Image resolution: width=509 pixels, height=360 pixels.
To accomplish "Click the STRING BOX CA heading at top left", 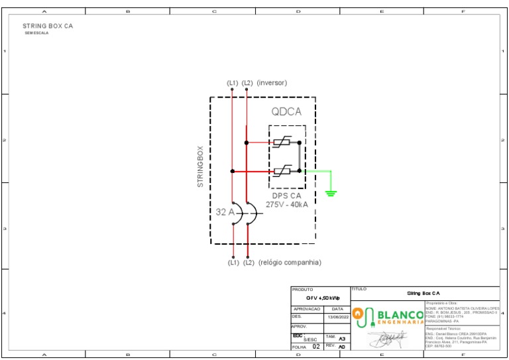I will (x=48, y=26).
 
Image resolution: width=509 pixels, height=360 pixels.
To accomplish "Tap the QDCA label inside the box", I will (x=286, y=112).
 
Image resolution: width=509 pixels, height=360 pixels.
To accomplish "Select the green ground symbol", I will (x=331, y=193).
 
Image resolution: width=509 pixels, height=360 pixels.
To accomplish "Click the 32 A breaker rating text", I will (x=225, y=212).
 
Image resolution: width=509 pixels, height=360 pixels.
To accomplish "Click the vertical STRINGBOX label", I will (x=201, y=166).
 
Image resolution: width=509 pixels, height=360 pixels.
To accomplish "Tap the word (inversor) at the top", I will (x=272, y=83).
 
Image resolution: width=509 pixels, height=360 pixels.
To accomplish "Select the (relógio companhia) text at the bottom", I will (x=290, y=263).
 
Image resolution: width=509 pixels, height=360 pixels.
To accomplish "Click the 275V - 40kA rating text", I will (x=287, y=205).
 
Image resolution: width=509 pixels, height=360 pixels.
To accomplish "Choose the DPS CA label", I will (x=287, y=196).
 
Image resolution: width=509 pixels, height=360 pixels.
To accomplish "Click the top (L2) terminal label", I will (x=247, y=83).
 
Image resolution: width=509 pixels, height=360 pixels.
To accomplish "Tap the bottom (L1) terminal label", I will (x=233, y=263).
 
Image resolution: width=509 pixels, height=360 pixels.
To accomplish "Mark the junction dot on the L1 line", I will (x=233, y=171).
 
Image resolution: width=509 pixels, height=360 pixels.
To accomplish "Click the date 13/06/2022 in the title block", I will (x=338, y=318).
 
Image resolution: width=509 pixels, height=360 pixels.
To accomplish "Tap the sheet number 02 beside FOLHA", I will (x=316, y=347).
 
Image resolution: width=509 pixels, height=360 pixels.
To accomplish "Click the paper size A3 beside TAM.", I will (x=342, y=338).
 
